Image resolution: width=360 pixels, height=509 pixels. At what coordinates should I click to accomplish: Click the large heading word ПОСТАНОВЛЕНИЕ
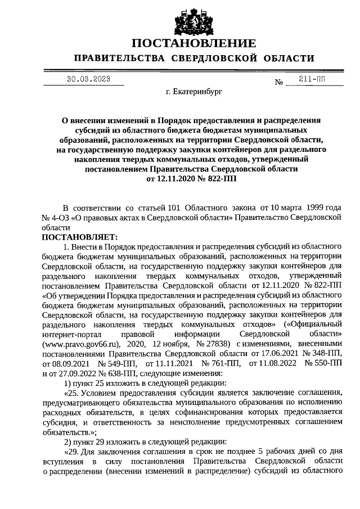[x=194, y=43]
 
